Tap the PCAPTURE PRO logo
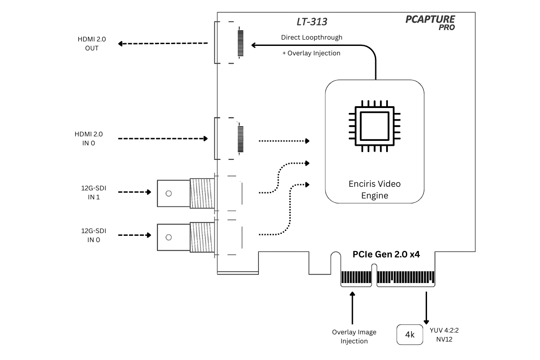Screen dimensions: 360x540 point(430,22)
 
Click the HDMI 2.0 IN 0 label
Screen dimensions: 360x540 point(89,139)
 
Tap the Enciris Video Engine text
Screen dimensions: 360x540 point(374,189)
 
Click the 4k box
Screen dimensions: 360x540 point(410,335)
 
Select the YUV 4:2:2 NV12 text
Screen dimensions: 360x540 point(444,335)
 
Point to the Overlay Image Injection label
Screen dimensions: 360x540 point(354,337)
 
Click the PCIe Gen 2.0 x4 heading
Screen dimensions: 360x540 point(386,254)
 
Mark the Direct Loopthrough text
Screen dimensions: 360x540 point(311,37)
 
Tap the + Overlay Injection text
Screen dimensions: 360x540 point(311,53)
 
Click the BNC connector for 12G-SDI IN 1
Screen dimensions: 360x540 point(186,193)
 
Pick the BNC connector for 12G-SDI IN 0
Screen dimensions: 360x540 point(186,237)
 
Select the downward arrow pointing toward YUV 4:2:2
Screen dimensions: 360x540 point(425,308)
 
